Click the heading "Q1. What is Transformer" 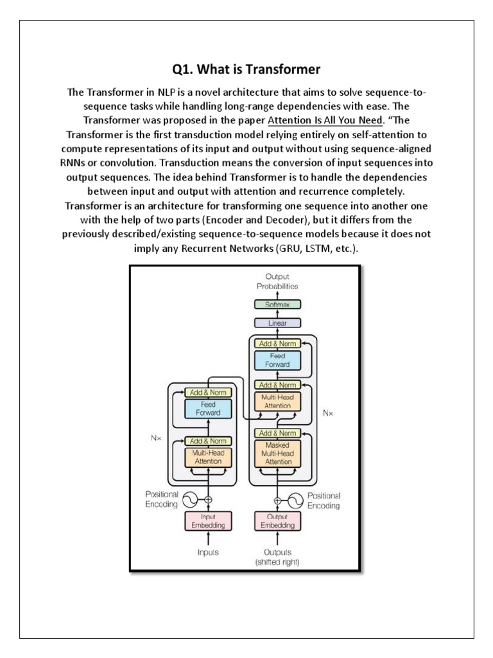(x=247, y=69)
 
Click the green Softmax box (x=277, y=304)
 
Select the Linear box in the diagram (x=277, y=323)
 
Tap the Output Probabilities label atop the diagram (x=277, y=281)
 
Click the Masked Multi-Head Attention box (x=277, y=453)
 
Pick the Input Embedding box (x=208, y=522)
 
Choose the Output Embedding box (x=277, y=522)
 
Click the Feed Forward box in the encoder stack (x=208, y=409)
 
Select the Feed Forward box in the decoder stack (x=277, y=360)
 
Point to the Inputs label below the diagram (x=208, y=551)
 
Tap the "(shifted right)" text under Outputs (x=277, y=563)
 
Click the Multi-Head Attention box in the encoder (x=208, y=457)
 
